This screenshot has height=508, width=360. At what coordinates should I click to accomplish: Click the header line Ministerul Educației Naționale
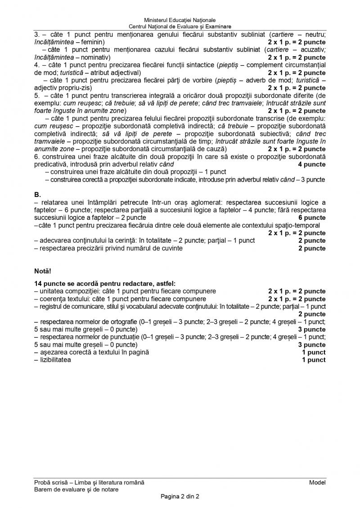pyautogui.click(x=180, y=20)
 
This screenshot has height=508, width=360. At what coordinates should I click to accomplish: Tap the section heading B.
pyautogui.click(x=37, y=195)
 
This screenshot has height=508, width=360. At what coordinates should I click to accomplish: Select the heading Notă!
pyautogui.click(x=43, y=272)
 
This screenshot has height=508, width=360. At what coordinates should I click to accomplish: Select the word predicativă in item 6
pyautogui.click(x=52, y=165)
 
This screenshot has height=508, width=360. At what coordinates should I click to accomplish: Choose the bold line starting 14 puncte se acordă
pyautogui.click(x=105, y=283)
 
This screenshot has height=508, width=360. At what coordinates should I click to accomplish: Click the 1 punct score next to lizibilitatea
pyautogui.click(x=314, y=360)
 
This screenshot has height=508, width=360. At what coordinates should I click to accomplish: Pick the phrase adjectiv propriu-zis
pyautogui.click(x=62, y=88)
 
